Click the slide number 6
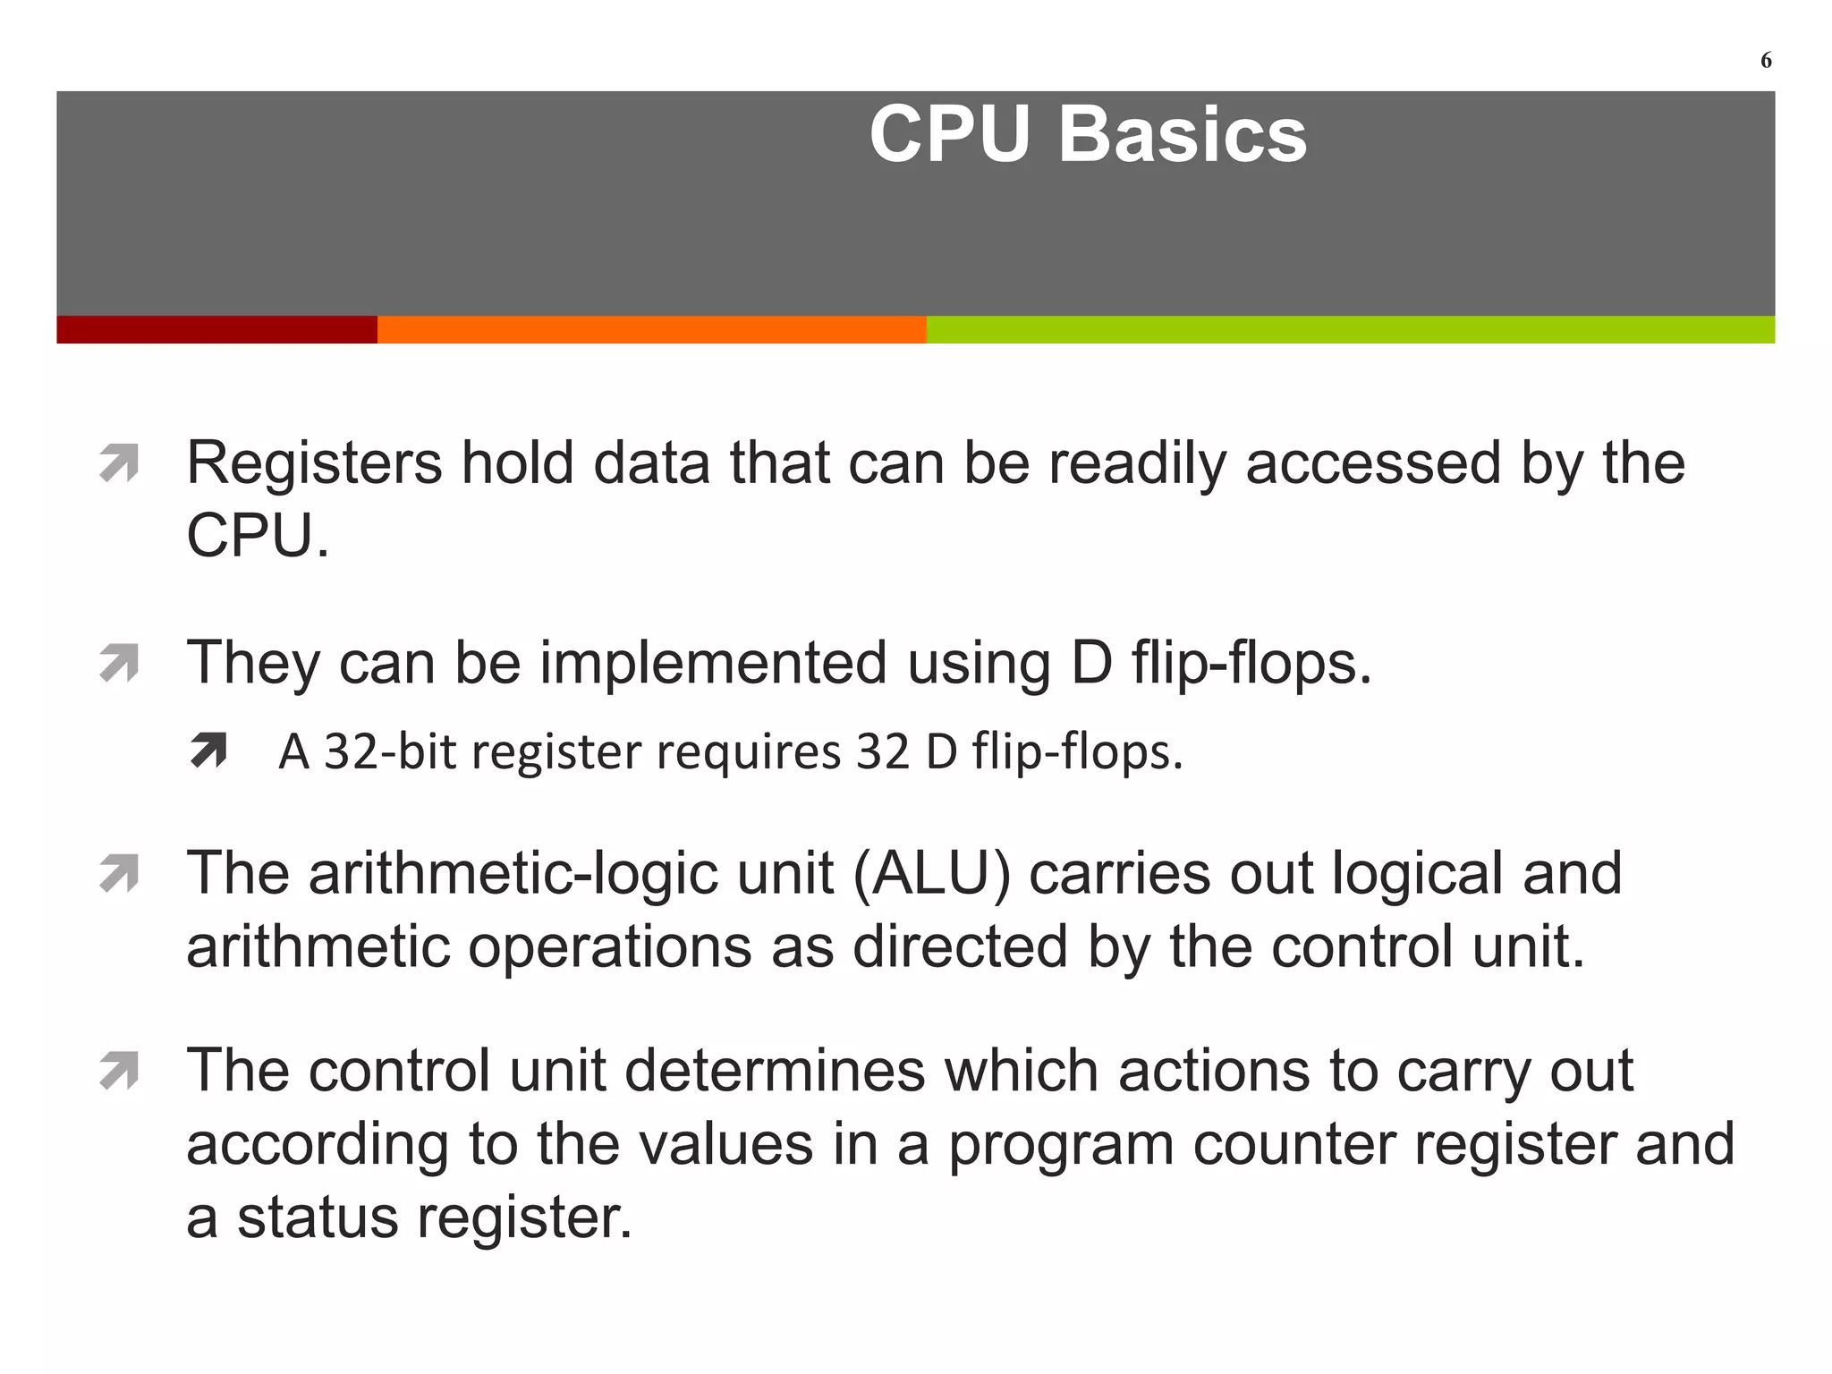(x=1766, y=61)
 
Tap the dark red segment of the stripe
(x=216, y=329)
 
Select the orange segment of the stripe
(x=651, y=329)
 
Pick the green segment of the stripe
(x=1350, y=329)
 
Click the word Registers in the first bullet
(x=314, y=464)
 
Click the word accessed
(x=1372, y=464)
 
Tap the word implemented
(x=713, y=664)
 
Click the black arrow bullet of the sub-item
(x=208, y=751)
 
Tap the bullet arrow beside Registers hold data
(x=119, y=463)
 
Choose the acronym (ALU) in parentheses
(x=931, y=874)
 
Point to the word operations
(x=609, y=947)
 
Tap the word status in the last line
(x=317, y=1217)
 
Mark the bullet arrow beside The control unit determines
(x=119, y=1071)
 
